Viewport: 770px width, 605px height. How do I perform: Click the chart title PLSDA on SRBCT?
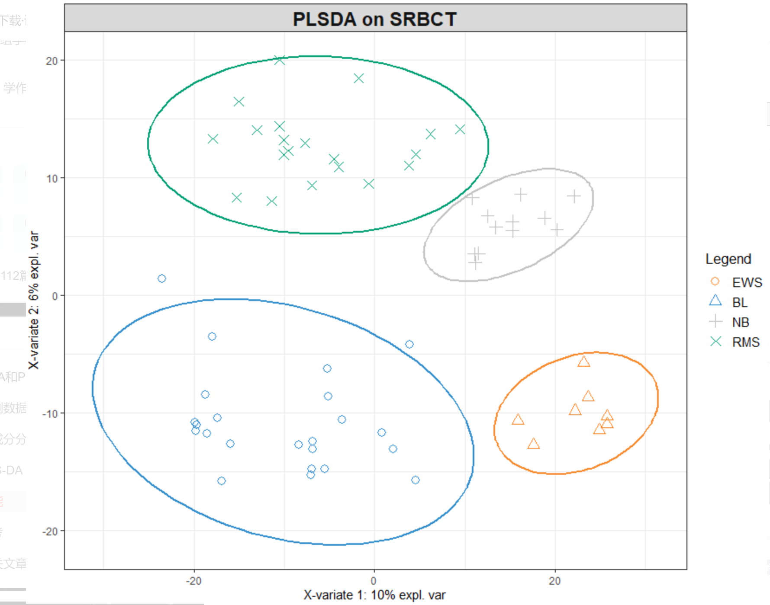pos(375,19)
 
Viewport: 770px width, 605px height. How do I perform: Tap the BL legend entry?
pos(740,302)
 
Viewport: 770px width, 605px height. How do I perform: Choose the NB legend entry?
pos(741,322)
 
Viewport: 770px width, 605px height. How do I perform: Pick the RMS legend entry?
pos(746,342)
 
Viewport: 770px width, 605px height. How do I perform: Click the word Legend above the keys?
pos(728,259)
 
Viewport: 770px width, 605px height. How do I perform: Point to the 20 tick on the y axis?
pos(52,61)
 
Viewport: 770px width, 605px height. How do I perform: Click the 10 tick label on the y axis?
pos(52,179)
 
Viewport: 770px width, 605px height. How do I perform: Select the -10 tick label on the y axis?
pos(50,414)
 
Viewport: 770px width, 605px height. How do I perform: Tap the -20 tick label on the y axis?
pos(50,531)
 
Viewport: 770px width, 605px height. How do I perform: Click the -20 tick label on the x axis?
pos(193,581)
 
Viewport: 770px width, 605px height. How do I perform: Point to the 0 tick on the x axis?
pos(374,581)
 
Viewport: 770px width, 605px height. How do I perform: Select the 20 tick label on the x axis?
pos(554,581)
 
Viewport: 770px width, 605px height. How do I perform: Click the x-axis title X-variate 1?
pos(374,595)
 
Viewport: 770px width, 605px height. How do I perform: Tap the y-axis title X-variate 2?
pos(34,300)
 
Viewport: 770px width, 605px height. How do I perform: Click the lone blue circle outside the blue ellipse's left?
pos(162,278)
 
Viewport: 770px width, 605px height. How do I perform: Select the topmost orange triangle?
pos(583,362)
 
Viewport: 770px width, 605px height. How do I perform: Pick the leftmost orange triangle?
pos(518,419)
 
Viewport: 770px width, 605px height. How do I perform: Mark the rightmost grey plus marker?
pos(574,196)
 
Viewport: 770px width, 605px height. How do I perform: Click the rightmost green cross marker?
pos(460,129)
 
